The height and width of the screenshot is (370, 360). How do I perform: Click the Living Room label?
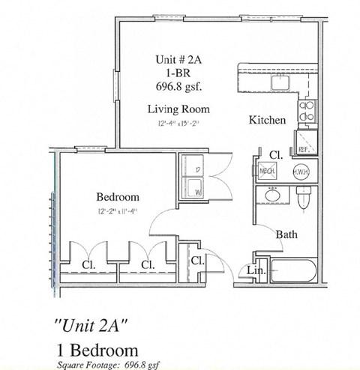pos(178,109)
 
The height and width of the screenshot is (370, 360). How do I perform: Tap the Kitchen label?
pos(267,120)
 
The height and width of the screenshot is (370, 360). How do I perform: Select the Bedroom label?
pos(118,197)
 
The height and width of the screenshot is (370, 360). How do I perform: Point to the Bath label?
pos(286,234)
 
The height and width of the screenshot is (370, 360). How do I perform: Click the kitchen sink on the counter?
pos(283,82)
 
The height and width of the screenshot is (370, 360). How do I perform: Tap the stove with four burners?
pos(308,112)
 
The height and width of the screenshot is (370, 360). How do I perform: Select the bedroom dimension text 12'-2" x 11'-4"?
pos(118,213)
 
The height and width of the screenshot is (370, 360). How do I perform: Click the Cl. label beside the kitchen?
pos(275,154)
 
